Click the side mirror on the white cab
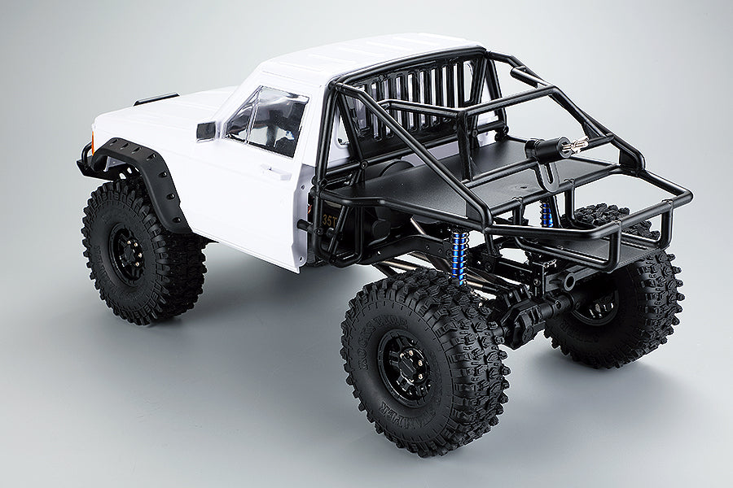tap(206, 131)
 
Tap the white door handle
tap(278, 172)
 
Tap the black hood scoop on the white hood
tap(156, 99)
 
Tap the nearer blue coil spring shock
tap(459, 257)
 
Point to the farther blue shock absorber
tap(546, 214)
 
